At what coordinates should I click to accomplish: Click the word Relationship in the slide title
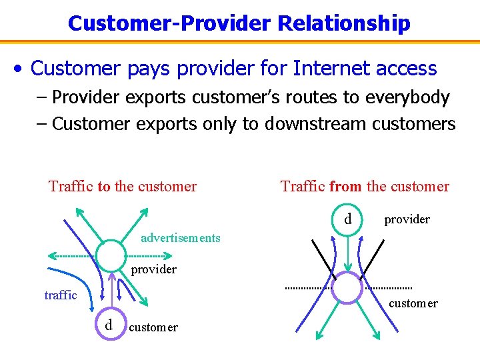[x=344, y=23]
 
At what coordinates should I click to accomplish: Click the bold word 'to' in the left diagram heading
[x=104, y=187]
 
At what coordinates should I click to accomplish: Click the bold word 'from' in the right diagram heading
[x=345, y=187]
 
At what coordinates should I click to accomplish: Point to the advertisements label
[x=181, y=238]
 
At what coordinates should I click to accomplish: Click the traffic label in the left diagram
[x=61, y=295]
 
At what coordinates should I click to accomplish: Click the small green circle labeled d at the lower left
[x=108, y=325]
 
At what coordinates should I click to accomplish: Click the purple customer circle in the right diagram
[x=346, y=287]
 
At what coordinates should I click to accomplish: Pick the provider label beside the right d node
[x=407, y=219]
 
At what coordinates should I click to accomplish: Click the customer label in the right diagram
[x=413, y=303]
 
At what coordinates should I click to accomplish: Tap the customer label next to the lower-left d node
[x=153, y=327]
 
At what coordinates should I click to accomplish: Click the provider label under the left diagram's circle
[x=153, y=269]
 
